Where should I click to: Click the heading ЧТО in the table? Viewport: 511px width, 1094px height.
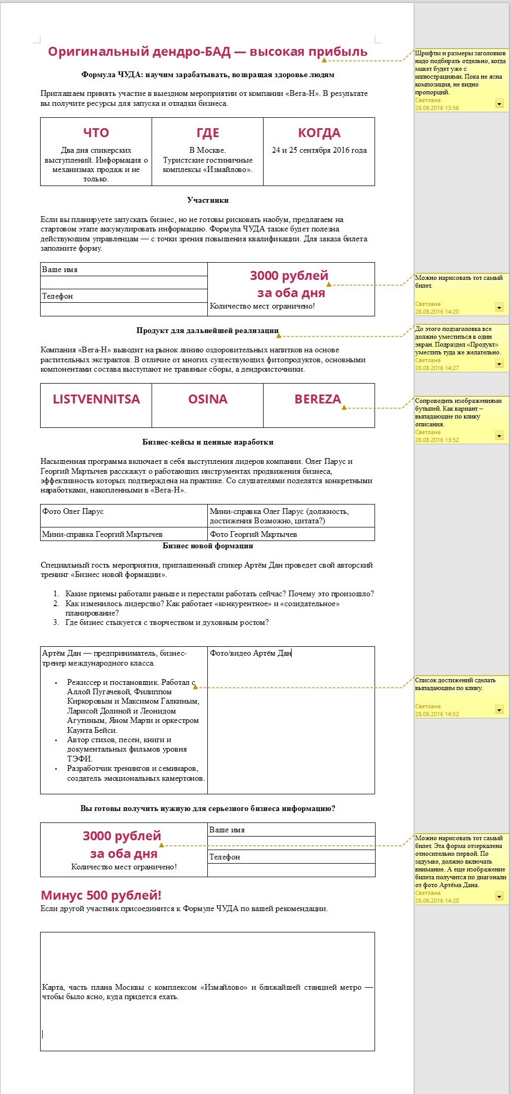pyautogui.click(x=96, y=133)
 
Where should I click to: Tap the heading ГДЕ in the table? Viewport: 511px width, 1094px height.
pyautogui.click(x=207, y=133)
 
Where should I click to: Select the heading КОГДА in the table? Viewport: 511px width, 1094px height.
pyautogui.click(x=319, y=133)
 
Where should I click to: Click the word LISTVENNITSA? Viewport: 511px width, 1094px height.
pyautogui.click(x=96, y=399)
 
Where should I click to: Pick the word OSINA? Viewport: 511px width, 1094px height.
pyautogui.click(x=207, y=399)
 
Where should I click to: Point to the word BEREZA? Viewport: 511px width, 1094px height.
pyautogui.click(x=317, y=399)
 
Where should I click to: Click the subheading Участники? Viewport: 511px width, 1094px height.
pyautogui.click(x=207, y=200)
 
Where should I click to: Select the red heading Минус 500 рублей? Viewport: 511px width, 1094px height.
pyautogui.click(x=101, y=895)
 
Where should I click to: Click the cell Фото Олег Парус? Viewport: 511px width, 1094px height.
pyautogui.click(x=73, y=511)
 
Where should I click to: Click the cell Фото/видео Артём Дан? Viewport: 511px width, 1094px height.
pyautogui.click(x=250, y=653)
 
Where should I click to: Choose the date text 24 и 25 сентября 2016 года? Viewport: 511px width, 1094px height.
pyautogui.click(x=319, y=150)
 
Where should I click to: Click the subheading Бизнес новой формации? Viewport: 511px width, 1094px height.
pyautogui.click(x=207, y=546)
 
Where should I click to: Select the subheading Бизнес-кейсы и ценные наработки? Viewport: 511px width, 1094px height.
pyautogui.click(x=207, y=442)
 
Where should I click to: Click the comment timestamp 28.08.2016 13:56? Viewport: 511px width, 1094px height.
pyautogui.click(x=437, y=108)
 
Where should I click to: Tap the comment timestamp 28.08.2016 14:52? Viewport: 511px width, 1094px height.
pyautogui.click(x=437, y=714)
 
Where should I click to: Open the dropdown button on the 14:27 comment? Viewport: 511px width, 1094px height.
pyautogui.click(x=499, y=364)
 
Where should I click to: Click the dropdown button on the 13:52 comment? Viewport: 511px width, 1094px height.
pyautogui.click(x=499, y=436)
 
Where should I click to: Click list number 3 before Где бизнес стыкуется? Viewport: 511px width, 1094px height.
pyautogui.click(x=56, y=622)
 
